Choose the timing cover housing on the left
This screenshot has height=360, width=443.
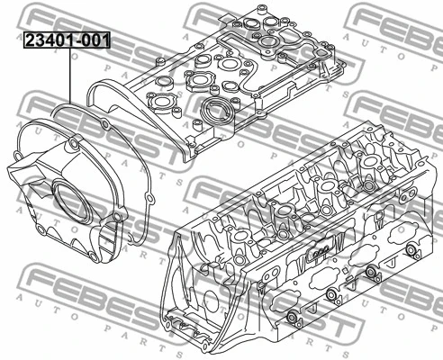pos(68,193)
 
